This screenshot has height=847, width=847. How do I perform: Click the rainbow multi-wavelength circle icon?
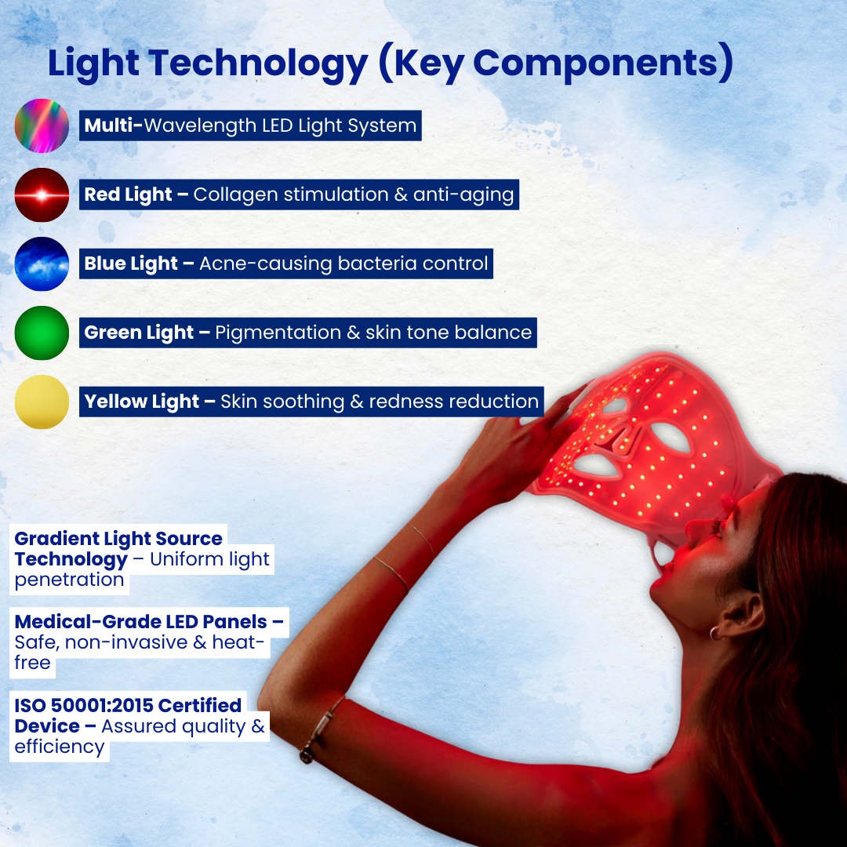(42, 125)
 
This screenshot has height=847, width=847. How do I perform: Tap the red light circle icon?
(42, 194)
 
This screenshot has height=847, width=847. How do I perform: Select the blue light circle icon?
(42, 264)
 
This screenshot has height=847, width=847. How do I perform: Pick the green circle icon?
(42, 333)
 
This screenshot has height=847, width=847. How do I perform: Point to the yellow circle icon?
(42, 402)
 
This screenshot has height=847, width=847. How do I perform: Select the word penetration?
(69, 580)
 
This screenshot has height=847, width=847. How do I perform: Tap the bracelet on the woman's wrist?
(322, 729)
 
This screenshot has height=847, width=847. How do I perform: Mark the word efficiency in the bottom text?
(59, 747)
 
